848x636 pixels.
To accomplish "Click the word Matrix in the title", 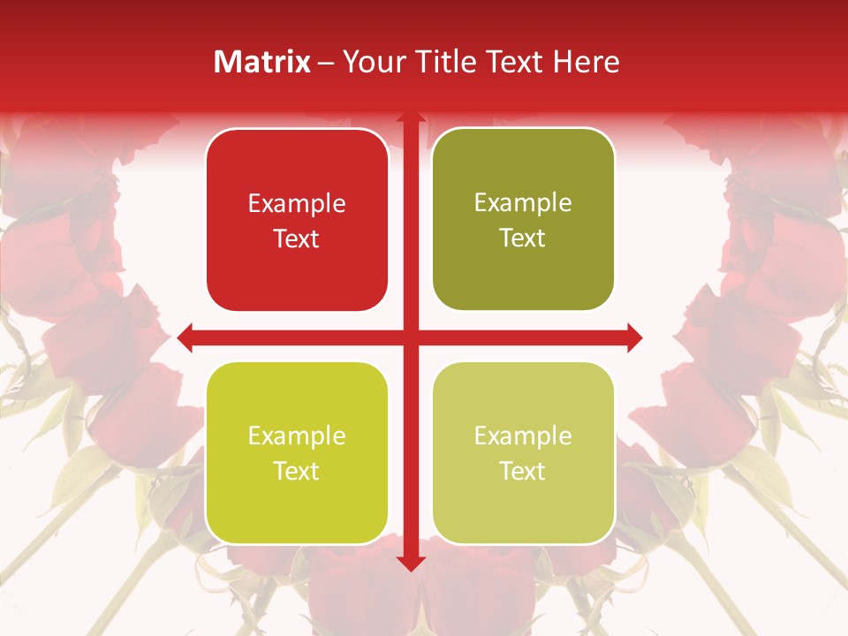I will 262,62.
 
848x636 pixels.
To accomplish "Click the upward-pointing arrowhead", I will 410,118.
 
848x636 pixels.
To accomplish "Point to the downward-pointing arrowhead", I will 410,564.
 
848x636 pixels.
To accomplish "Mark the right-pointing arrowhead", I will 634,337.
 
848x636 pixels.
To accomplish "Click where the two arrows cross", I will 410,337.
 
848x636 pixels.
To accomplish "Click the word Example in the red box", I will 297,204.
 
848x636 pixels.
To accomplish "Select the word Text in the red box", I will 297,238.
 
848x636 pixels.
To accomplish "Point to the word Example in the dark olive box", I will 523,203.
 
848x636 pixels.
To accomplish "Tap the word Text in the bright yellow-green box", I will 297,471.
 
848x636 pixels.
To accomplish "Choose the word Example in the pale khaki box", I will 523,435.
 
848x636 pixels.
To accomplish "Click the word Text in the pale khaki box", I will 523,471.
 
